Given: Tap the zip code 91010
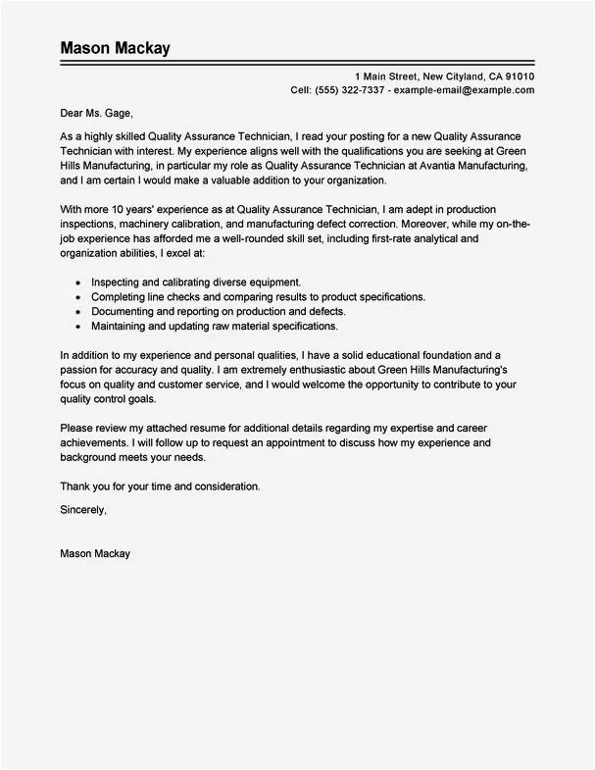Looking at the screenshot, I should pos(514,76).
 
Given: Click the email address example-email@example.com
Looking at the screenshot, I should pos(465,89).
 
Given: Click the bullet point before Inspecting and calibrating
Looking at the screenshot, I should pos(76,282).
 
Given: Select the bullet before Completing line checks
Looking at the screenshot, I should pos(76,296).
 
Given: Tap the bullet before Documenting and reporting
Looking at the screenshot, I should pos(76,311).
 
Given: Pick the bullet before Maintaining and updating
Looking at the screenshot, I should pos(76,326).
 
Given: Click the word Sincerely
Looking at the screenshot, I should pos(82,510).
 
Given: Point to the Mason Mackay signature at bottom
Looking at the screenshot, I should pos(95,553).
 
